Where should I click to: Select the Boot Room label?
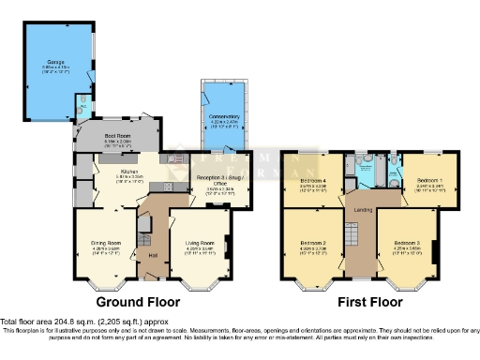coord(116,136)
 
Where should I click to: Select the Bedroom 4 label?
coord(312,180)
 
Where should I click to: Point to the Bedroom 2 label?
coord(312,244)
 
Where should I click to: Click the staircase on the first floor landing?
coord(355,244)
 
